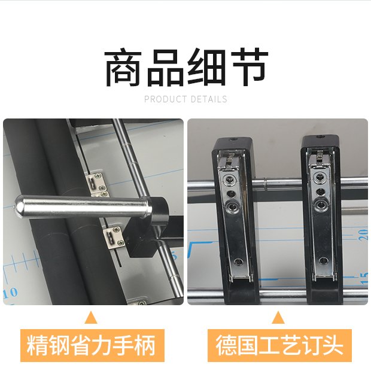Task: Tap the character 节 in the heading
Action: [x=250, y=67]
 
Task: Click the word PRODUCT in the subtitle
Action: [x=165, y=99]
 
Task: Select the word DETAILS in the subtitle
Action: [x=209, y=99]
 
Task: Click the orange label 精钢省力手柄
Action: [x=92, y=345]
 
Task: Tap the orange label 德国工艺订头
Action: [x=279, y=345]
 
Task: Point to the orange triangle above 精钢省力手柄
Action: [x=91, y=318]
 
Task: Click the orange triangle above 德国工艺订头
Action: [x=278, y=318]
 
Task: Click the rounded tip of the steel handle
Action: [x=19, y=205]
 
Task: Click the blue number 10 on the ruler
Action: [x=10, y=293]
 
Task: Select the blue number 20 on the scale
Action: [x=363, y=234]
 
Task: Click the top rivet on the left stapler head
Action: [x=229, y=180]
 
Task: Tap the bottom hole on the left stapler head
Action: [x=238, y=261]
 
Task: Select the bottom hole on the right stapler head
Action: [x=323, y=261]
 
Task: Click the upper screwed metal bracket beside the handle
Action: [x=97, y=183]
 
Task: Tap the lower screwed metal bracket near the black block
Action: [x=114, y=238]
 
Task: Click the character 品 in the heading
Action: [x=165, y=67]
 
